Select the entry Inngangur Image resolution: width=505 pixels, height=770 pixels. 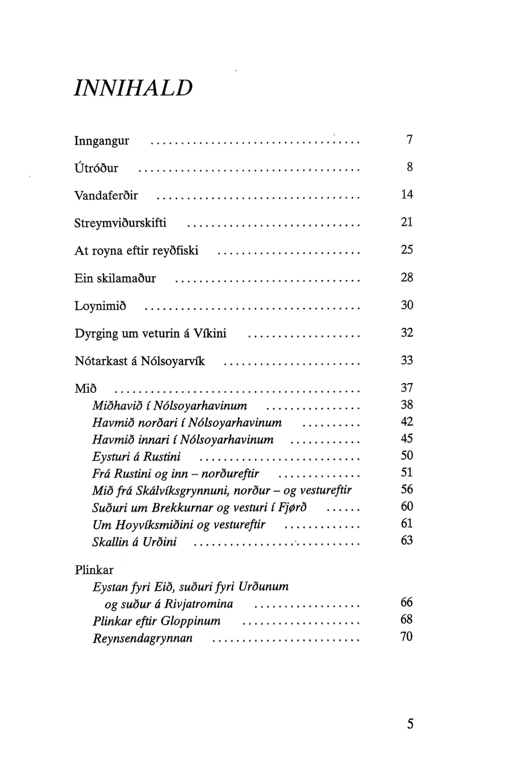tap(102, 141)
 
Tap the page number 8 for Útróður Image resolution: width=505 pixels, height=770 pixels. tap(410, 167)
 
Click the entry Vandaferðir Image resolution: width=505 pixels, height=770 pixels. tap(106, 196)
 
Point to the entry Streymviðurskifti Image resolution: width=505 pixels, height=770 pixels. tap(120, 223)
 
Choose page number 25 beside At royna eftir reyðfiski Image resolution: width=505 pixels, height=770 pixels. tap(407, 250)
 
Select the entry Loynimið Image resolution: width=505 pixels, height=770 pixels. tap(100, 305)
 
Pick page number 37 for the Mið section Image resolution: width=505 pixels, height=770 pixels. tap(407, 388)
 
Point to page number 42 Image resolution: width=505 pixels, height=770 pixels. tap(407, 422)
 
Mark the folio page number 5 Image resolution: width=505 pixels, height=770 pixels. tap(410, 723)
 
